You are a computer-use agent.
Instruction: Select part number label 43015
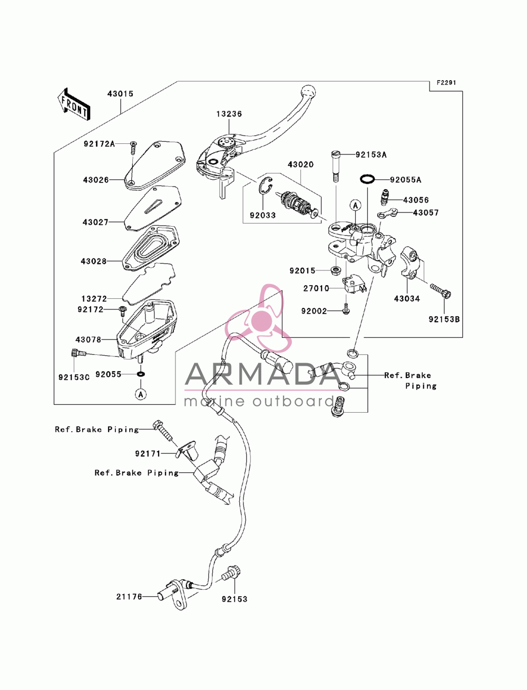click(120, 94)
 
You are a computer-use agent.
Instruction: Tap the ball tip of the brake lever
click(308, 92)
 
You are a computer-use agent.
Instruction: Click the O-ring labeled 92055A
click(367, 180)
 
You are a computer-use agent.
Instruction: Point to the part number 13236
click(229, 114)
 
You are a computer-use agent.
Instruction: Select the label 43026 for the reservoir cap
click(96, 180)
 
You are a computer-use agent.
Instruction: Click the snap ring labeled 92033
click(265, 188)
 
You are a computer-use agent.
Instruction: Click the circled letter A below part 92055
click(141, 394)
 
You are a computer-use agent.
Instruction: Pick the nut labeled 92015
click(336, 270)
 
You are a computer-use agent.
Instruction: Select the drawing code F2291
click(446, 83)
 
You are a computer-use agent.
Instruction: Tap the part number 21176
click(129, 596)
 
